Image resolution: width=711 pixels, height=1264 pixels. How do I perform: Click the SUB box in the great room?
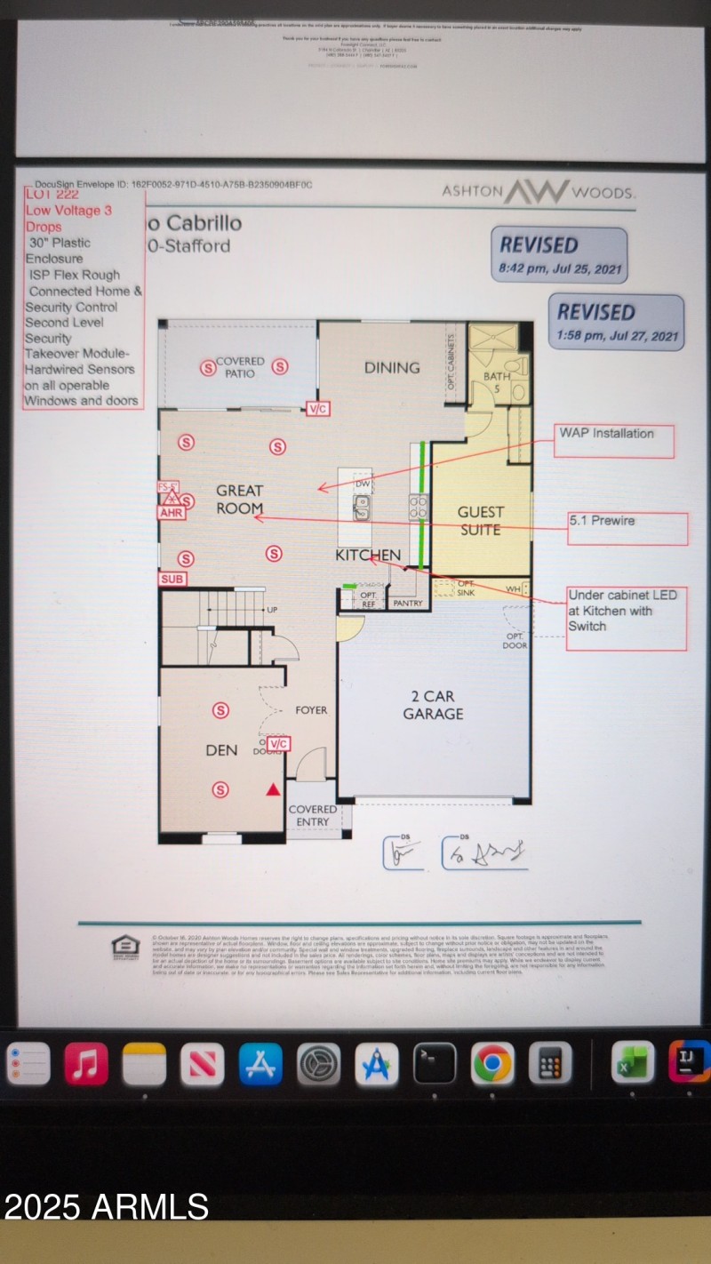[x=172, y=579]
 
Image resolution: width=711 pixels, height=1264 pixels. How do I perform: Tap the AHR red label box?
[x=171, y=512]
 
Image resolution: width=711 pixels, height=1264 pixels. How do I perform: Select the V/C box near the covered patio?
[x=317, y=409]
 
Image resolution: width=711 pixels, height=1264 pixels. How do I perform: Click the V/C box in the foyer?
[x=279, y=743]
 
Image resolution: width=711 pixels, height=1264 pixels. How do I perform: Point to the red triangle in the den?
[x=273, y=788]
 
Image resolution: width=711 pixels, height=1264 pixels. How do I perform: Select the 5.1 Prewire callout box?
[x=627, y=528]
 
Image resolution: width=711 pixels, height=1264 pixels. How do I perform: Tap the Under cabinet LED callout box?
[x=627, y=618]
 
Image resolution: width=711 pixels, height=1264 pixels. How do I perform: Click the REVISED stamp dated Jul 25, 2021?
[x=559, y=254]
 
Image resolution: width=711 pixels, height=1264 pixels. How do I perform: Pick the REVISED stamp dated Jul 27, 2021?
[x=620, y=322]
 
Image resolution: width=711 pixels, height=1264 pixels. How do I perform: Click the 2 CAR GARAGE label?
[x=433, y=705]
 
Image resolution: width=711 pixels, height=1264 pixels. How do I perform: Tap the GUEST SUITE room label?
[x=480, y=521]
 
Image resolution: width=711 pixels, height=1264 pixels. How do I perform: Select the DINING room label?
[x=392, y=367]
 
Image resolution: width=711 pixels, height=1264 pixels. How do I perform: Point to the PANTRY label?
[x=408, y=603]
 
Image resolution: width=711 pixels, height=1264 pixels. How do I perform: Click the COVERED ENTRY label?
[x=312, y=815]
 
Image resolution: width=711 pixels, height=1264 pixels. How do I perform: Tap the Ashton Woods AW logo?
[x=538, y=192]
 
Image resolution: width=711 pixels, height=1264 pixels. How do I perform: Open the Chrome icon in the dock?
[x=492, y=1063]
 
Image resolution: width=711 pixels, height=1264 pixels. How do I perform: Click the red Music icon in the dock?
[x=86, y=1063]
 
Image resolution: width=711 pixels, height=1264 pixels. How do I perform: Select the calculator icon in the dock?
[x=550, y=1063]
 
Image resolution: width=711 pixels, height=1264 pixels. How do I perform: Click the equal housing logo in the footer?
[x=125, y=948]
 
